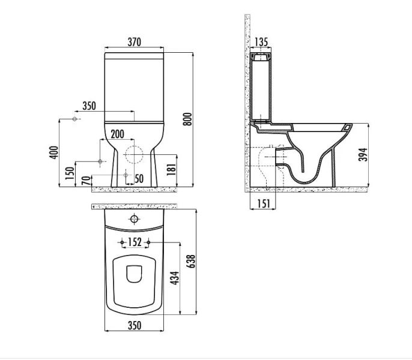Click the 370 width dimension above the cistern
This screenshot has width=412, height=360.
[x=134, y=41]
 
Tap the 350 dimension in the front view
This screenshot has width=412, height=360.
[x=88, y=106]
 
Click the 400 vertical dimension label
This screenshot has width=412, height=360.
[x=53, y=153]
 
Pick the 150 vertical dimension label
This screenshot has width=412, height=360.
[x=70, y=174]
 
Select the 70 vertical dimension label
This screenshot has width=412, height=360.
[x=86, y=180]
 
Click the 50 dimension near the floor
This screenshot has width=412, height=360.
[x=139, y=178]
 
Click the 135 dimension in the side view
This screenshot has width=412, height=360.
[x=261, y=42]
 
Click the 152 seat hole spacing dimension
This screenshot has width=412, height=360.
[x=135, y=242]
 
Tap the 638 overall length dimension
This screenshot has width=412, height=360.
[x=191, y=261]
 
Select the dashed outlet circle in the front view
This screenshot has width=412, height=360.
[x=134, y=153]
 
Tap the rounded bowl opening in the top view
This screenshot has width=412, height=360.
[x=135, y=274]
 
